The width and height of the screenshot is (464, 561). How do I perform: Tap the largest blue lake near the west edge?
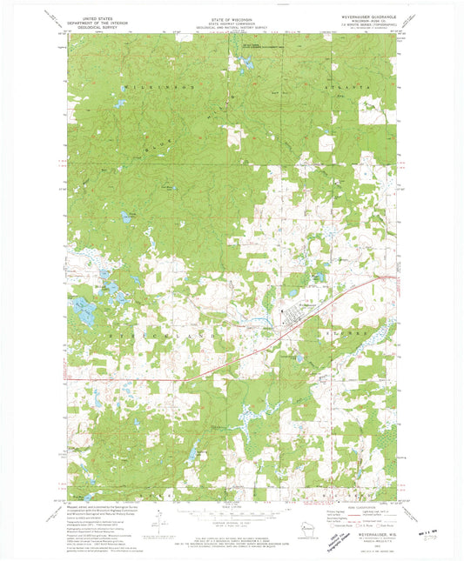[x=84, y=306]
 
